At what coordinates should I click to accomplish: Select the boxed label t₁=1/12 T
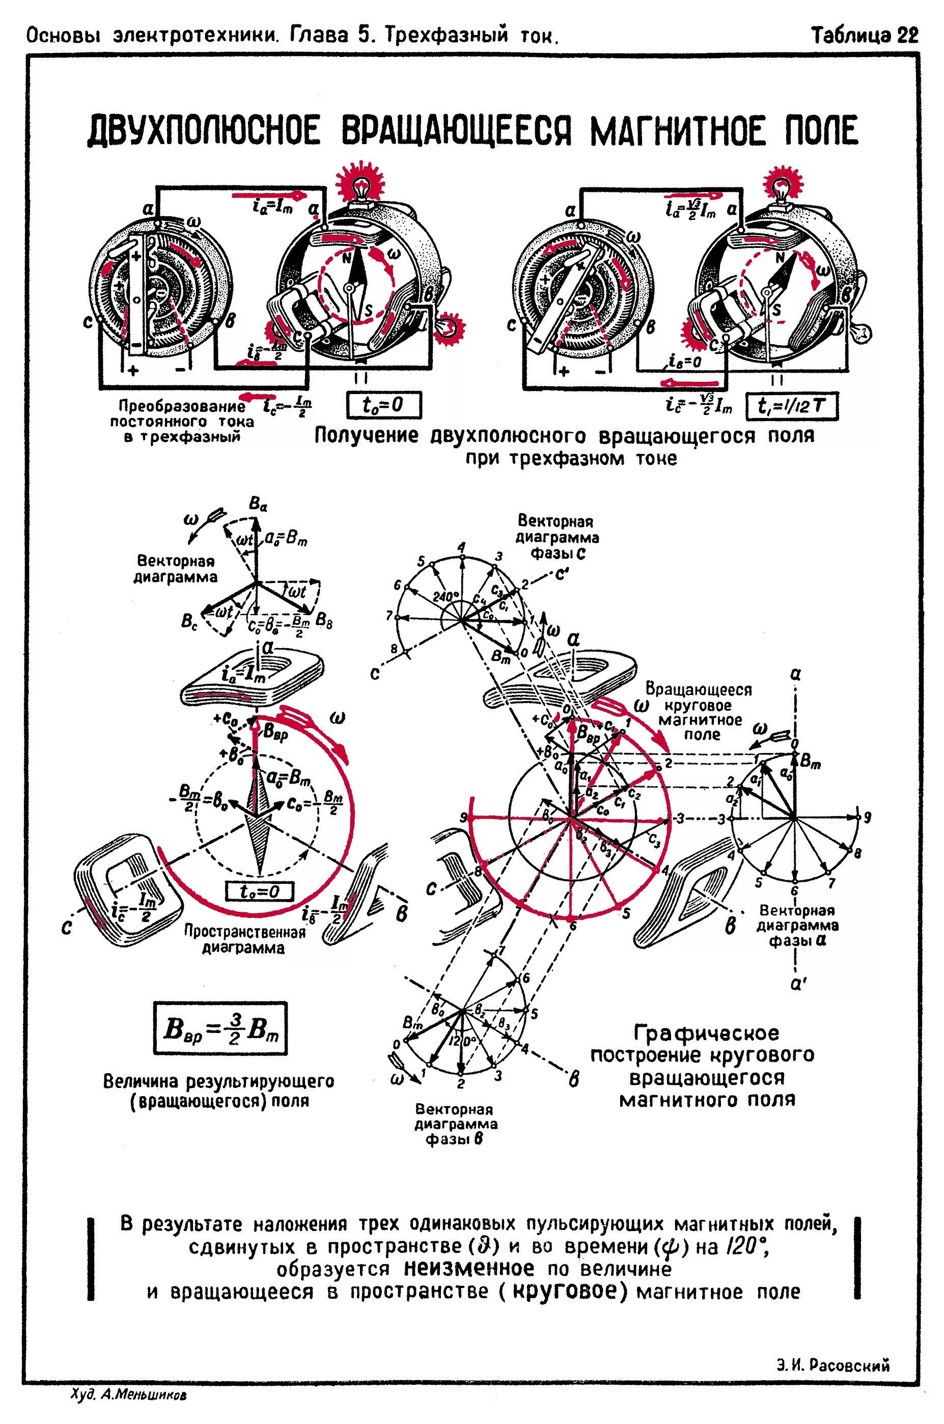coord(792,406)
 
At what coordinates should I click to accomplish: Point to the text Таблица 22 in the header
coord(865,36)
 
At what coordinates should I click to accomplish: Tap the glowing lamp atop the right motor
coord(782,184)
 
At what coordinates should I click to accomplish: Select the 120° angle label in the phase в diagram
coord(462,1041)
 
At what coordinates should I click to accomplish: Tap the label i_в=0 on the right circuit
coord(685,362)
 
